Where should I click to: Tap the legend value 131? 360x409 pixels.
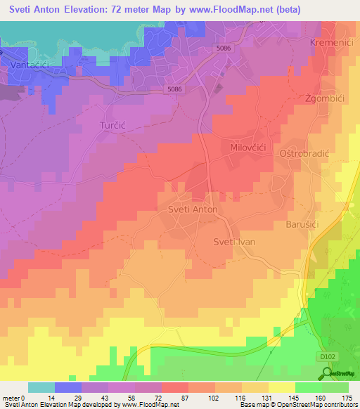pyautogui.click(x=268, y=397)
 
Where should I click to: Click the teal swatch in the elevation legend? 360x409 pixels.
pyautogui.click(x=41, y=387)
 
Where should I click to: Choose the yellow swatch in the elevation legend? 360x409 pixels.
pyautogui.click(x=281, y=387)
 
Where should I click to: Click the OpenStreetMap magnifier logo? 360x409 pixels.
pyautogui.click(x=326, y=374)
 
